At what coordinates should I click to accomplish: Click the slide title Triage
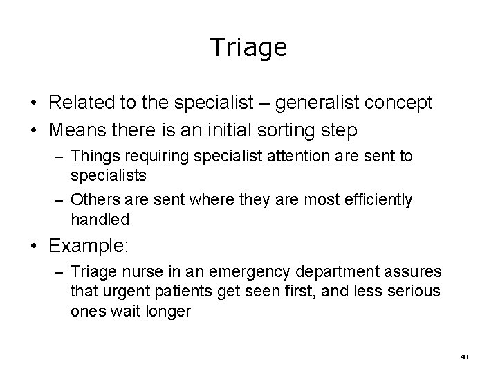[248, 48]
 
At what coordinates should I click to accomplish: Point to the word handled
[100, 220]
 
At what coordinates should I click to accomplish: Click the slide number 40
[463, 357]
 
